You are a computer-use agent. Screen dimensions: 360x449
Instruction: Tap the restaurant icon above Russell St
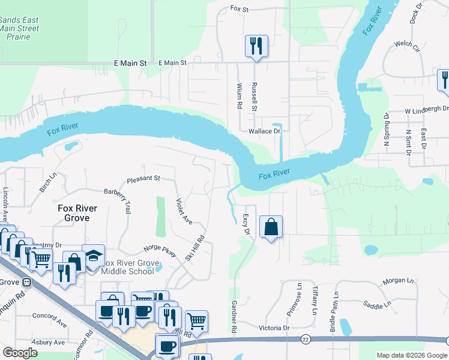click(256, 46)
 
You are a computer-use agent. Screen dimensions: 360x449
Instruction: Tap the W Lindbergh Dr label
click(426, 110)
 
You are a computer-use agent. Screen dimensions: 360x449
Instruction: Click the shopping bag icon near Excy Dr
click(271, 227)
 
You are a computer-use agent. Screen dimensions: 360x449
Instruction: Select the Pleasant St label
click(143, 179)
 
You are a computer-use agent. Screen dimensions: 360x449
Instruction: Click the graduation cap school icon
click(93, 256)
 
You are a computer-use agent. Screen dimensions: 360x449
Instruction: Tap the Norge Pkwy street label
click(160, 251)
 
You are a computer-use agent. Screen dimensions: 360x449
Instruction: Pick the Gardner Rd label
click(233, 317)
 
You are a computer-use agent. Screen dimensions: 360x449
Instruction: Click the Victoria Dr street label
click(274, 328)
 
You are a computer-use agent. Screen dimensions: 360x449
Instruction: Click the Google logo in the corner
click(20, 353)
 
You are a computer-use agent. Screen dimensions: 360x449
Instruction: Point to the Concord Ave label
click(49, 316)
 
